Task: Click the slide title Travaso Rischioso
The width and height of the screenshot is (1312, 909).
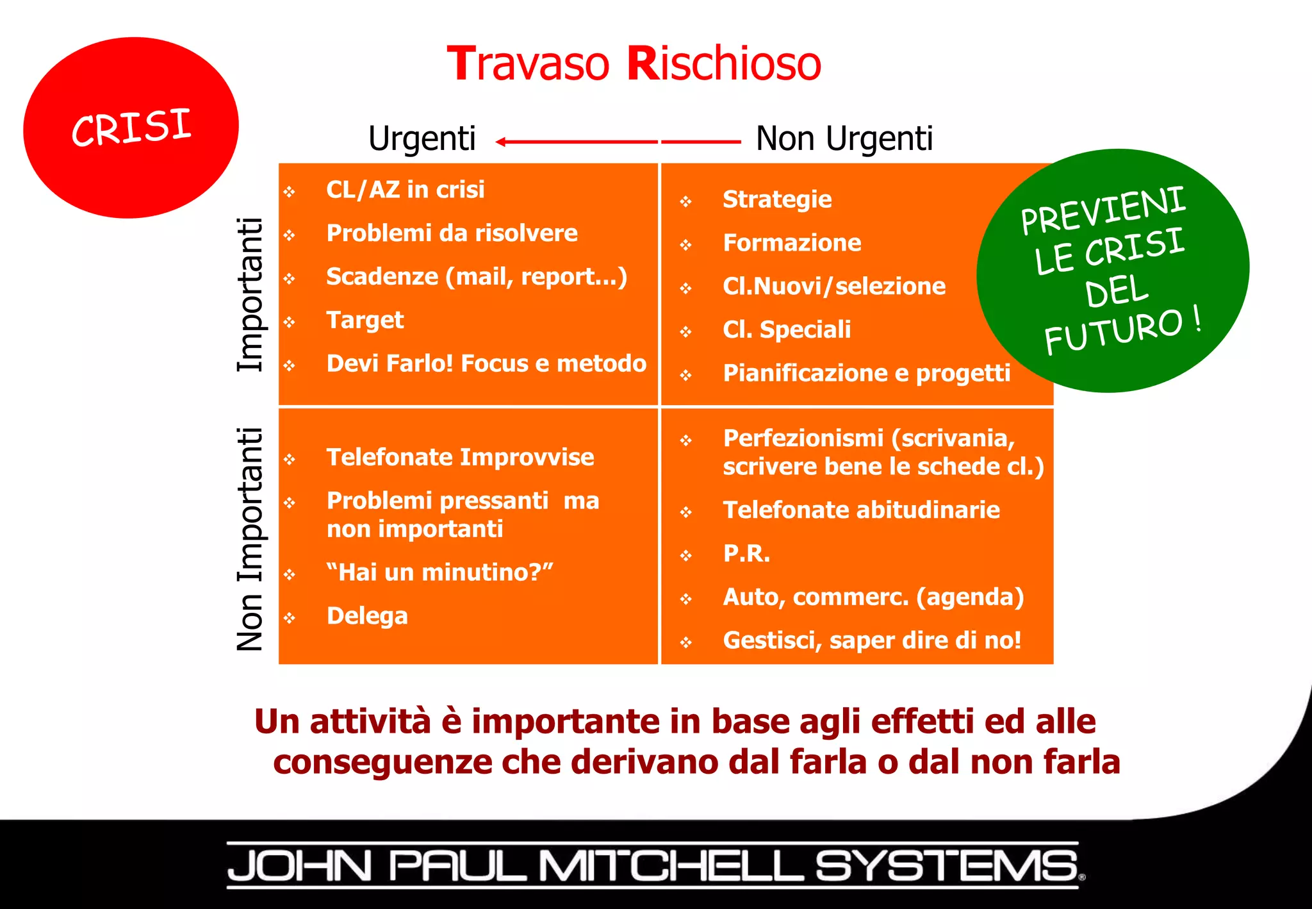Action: [634, 63]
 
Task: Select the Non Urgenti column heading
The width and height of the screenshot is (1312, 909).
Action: [844, 138]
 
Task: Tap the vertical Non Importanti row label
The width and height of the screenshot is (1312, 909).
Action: [250, 539]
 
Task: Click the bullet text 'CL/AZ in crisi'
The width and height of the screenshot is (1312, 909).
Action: [405, 190]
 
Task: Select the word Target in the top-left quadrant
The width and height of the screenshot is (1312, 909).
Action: [365, 320]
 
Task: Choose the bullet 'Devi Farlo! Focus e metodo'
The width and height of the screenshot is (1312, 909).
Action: [486, 363]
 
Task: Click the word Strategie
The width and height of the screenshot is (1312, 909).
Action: [776, 199]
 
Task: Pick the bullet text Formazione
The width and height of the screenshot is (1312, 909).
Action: [792, 243]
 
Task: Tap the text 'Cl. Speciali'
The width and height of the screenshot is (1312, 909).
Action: [787, 329]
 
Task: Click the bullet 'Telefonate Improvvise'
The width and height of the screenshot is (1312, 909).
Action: [460, 458]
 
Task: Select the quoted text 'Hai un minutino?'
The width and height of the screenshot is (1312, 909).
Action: [439, 572]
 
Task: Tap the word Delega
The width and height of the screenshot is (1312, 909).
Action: [367, 616]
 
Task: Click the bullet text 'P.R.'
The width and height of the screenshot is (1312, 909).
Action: [746, 553]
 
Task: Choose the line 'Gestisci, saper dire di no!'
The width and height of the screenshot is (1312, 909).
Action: [872, 640]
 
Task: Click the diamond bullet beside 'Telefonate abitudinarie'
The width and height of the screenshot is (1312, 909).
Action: [686, 512]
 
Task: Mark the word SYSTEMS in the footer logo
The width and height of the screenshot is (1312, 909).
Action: [947, 866]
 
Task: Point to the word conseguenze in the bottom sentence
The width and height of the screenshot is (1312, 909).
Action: [382, 762]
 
